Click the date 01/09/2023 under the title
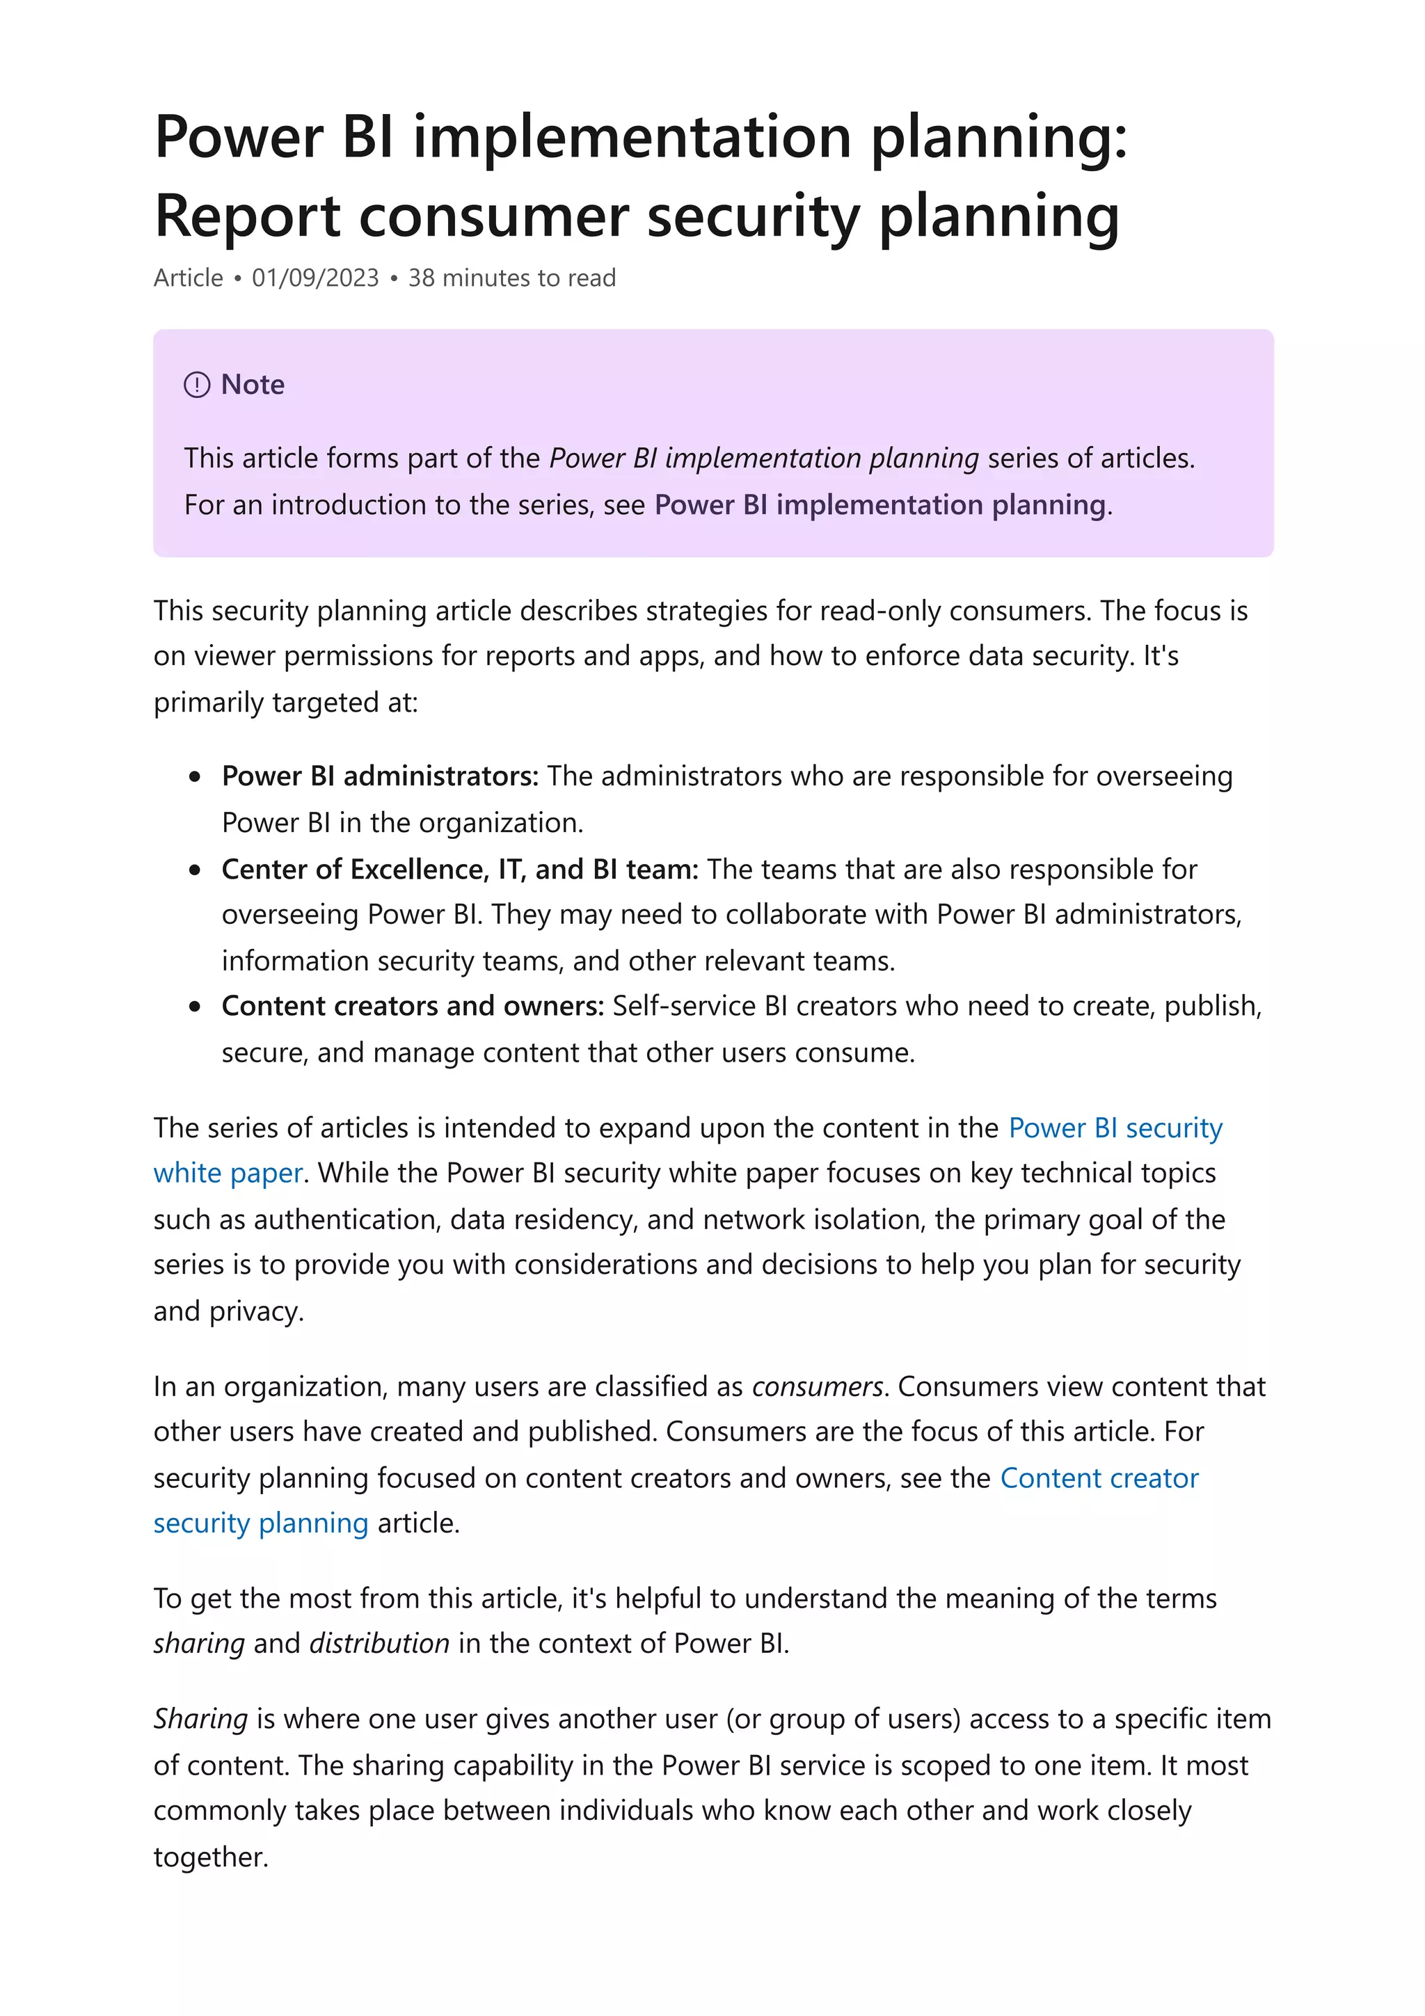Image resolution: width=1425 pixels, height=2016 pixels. click(315, 278)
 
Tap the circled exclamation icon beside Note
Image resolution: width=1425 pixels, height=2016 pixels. click(197, 385)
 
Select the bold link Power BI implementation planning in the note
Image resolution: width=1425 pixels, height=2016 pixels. click(879, 505)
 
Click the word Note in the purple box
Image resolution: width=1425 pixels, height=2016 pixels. click(253, 385)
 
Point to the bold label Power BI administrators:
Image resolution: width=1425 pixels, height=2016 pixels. click(379, 776)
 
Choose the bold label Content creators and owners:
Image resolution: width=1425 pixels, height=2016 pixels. click(413, 1005)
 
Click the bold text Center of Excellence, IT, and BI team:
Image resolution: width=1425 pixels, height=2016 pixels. click(460, 870)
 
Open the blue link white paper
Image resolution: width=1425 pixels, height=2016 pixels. click(228, 1173)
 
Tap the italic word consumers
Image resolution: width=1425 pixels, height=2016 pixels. click(817, 1386)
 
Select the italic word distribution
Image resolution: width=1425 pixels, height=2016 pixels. click(379, 1643)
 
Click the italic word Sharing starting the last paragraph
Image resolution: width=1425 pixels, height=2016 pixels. click(201, 1718)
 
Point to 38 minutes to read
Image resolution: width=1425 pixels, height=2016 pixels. click(512, 278)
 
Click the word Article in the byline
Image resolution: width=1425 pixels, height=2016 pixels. click(189, 278)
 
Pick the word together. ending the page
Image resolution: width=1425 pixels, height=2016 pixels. click(211, 1857)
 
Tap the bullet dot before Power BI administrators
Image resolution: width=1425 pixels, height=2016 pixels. click(195, 777)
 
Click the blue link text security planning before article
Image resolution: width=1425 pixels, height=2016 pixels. click(261, 1523)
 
